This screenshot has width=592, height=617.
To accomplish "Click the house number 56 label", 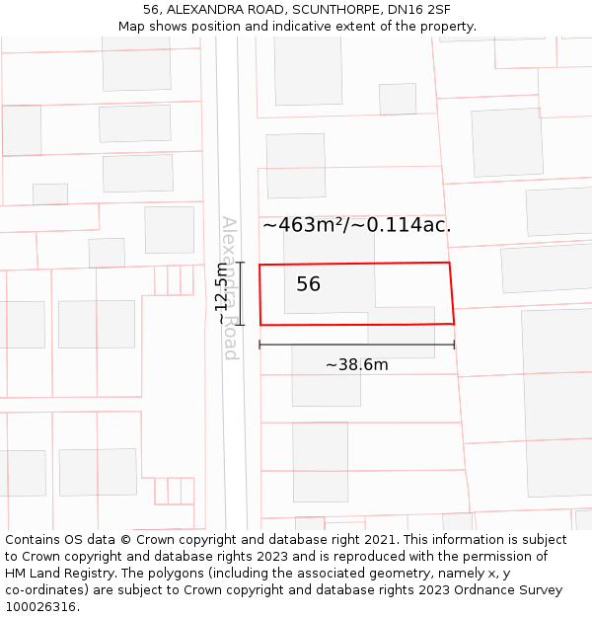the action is (x=308, y=284).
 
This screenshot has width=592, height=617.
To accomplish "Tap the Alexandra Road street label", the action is (x=230, y=287).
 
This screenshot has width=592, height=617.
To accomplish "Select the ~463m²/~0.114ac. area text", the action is (x=356, y=225).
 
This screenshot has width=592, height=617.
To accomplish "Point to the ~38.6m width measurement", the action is (x=356, y=364).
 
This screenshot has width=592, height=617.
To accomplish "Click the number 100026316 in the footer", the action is (x=40, y=607).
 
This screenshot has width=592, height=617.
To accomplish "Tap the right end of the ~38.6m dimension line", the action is (x=454, y=345).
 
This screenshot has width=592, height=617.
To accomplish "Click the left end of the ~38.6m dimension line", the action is (x=259, y=345).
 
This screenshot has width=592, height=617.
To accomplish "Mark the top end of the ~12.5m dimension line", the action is (x=239, y=263).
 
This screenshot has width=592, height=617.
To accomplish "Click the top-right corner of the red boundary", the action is (x=449, y=263).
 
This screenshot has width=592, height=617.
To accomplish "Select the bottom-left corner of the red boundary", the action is (x=260, y=325).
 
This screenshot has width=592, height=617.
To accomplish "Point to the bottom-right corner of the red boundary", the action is (x=454, y=323).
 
